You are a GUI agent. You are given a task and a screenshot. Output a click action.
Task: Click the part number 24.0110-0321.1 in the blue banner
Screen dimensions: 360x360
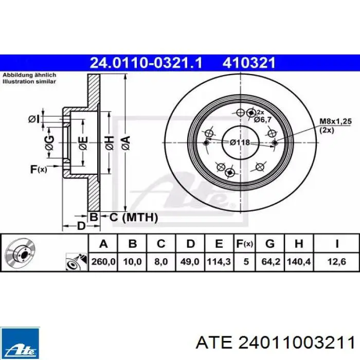tap(146, 63)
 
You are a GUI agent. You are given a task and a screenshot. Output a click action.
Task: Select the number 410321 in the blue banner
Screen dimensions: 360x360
tap(248, 63)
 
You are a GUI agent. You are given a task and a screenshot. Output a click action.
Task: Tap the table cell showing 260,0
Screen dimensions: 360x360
tap(103, 261)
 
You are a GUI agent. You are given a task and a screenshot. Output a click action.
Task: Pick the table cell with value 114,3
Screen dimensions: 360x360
tap(219, 261)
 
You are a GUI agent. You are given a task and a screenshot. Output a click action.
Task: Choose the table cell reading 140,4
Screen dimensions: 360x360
tap(299, 261)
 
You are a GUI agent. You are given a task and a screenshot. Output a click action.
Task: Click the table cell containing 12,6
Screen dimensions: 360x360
tap(336, 261)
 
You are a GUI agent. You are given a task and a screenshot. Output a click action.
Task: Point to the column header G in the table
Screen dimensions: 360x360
tap(270, 243)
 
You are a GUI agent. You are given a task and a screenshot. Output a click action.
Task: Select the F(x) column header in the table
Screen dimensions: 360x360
tap(244, 244)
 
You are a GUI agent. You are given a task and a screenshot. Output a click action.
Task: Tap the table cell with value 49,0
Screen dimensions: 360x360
tap(190, 261)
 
